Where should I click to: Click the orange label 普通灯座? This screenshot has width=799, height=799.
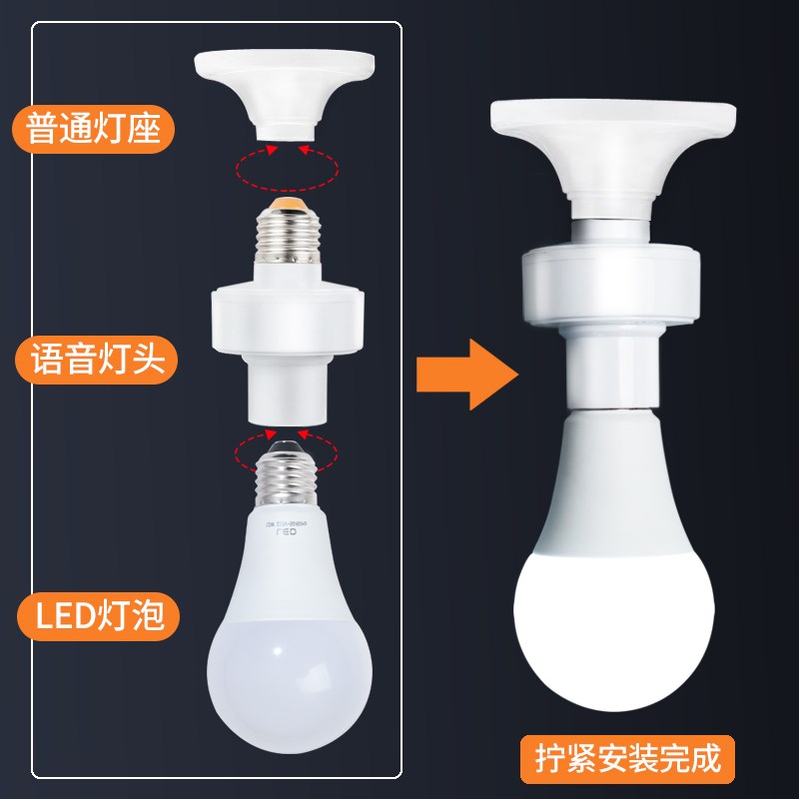[x=96, y=128]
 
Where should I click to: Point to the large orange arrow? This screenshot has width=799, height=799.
[x=467, y=373]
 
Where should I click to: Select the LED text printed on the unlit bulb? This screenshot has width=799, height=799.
[x=287, y=535]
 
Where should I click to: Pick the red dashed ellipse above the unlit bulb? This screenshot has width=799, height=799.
[x=286, y=452]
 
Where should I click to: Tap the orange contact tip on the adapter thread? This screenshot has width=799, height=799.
[x=288, y=205]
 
